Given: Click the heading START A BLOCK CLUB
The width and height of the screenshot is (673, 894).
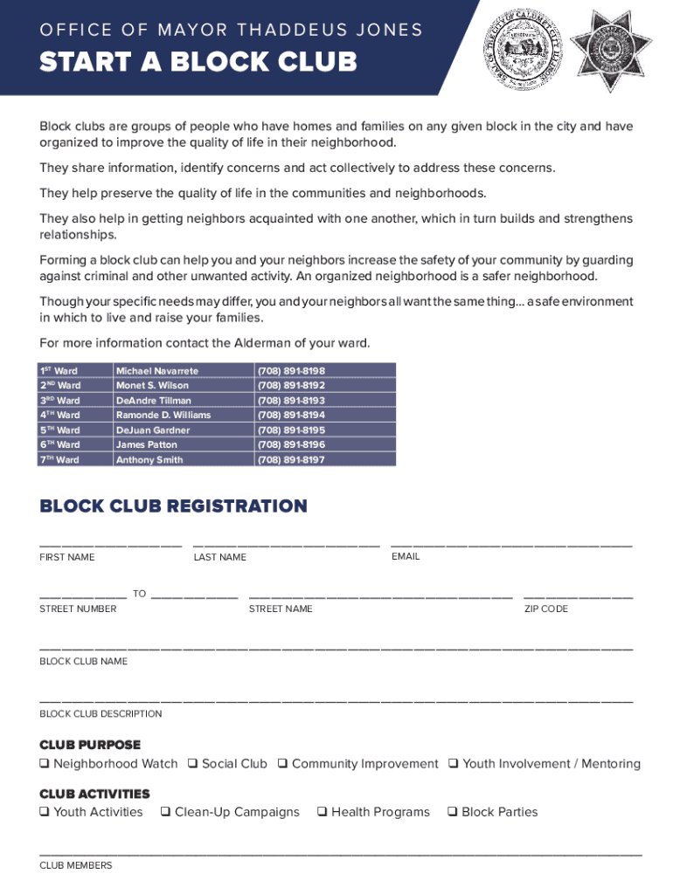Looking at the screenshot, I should click(x=198, y=63).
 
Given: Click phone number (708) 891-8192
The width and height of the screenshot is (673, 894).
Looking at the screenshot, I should click(x=291, y=385).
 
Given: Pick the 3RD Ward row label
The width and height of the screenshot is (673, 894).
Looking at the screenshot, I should click(x=59, y=400).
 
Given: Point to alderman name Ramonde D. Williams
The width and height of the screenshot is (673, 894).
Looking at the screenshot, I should click(x=163, y=415).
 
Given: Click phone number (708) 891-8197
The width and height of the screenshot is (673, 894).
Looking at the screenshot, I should click(x=291, y=459).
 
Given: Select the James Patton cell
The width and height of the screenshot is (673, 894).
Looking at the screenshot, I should click(x=147, y=444).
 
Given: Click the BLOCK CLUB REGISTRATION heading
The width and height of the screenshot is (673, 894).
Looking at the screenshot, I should click(x=173, y=506).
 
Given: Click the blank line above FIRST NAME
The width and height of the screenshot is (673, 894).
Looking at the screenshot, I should click(x=110, y=545).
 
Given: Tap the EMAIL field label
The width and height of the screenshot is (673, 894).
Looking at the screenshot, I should click(x=406, y=556).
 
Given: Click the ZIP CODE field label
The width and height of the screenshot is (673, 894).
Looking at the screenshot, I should click(x=545, y=609).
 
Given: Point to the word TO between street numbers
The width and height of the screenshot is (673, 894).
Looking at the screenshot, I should click(x=139, y=594).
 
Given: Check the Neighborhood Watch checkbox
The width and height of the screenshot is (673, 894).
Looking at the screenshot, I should click(x=44, y=764).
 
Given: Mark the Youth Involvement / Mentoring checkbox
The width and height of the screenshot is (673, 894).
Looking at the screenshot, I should click(x=453, y=764).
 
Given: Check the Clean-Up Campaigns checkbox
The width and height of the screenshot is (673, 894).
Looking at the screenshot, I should click(x=165, y=812).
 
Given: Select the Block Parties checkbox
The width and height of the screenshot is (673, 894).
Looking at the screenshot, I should click(x=452, y=812).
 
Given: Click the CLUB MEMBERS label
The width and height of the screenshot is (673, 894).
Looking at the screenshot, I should click(x=76, y=865).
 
